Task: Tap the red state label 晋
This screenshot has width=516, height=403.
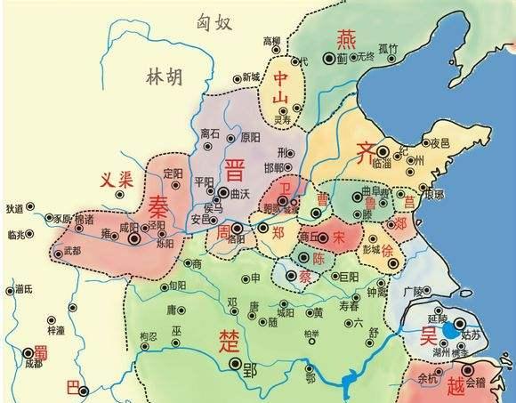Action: point(235,169)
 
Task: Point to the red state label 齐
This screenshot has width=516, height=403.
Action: point(365,149)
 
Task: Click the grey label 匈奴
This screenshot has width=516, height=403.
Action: point(215,23)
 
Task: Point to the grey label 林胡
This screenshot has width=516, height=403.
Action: point(163,78)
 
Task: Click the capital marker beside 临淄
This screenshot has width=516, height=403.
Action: point(383,152)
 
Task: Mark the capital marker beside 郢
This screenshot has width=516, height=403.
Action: point(234,364)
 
